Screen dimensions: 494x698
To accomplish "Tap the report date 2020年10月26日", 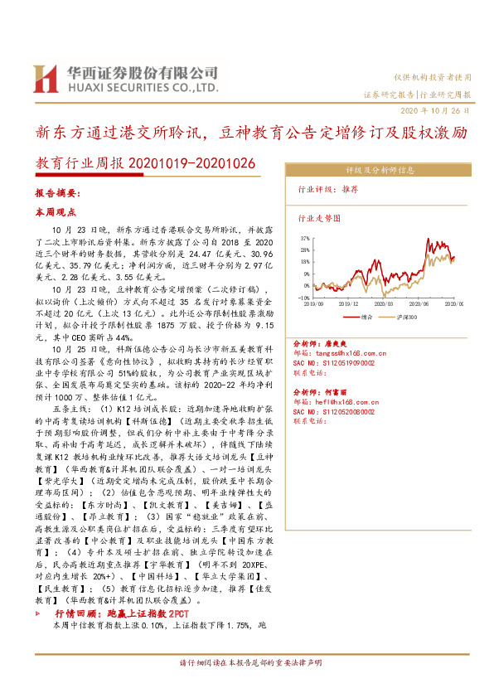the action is click(438, 110).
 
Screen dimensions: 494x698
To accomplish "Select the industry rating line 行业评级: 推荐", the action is click(328, 190).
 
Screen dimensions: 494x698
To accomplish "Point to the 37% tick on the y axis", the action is click(304, 238).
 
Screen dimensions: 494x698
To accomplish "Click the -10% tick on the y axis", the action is click(303, 297).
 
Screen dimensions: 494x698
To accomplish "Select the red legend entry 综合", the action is click(362, 316).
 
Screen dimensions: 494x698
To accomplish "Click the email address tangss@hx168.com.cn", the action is click(347, 352).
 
